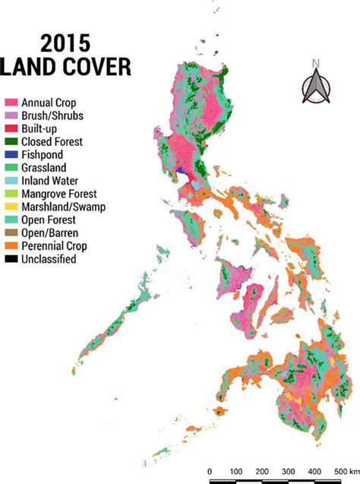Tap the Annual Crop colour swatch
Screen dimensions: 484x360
pyautogui.click(x=11, y=102)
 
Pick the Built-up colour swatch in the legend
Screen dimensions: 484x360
pyautogui.click(x=11, y=128)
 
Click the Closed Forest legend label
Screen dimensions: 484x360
pyautogui.click(x=52, y=141)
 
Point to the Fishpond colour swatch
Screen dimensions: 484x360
pyautogui.click(x=11, y=154)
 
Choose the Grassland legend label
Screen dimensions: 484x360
pyautogui.click(x=44, y=167)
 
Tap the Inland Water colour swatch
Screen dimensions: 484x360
pyautogui.click(x=11, y=181)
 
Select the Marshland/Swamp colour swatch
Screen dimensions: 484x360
pyautogui.click(x=11, y=207)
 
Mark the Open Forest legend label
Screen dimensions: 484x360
pyautogui.click(x=48, y=220)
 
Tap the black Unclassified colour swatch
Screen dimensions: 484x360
pyautogui.click(x=11, y=259)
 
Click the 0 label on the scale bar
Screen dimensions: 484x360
pyautogui.click(x=210, y=470)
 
